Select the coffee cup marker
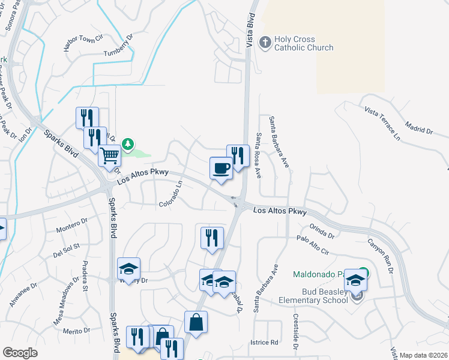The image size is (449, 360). (x=221, y=167)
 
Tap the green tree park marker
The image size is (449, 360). (x=127, y=144)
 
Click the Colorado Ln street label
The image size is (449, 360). (x=171, y=195)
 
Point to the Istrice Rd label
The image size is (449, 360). (x=264, y=343)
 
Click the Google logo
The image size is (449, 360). (x=20, y=353)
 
